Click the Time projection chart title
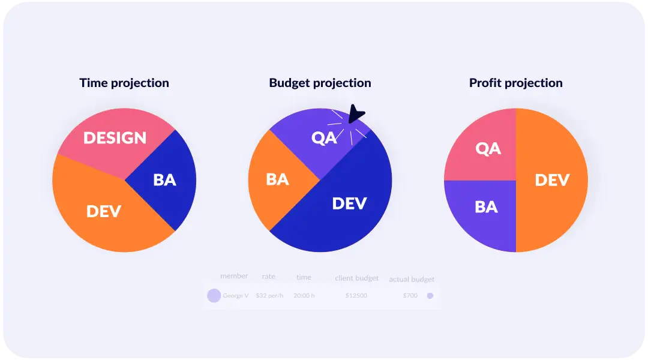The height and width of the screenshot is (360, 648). tap(124, 83)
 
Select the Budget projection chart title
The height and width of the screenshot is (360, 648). tap(320, 83)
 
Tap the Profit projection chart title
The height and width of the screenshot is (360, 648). tap(515, 83)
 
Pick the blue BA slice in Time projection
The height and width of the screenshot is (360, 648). tap(164, 179)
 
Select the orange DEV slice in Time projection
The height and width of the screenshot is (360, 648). tap(103, 211)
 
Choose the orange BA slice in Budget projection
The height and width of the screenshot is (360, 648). tap(277, 179)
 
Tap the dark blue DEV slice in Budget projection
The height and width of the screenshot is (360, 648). tap(349, 203)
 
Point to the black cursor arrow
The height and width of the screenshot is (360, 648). tap(356, 114)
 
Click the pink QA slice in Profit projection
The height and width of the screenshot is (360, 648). tap(487, 148)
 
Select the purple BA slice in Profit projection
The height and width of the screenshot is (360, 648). tap(485, 207)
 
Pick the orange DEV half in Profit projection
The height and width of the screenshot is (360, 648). tap(551, 180)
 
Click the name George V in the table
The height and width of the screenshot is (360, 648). tap(236, 296)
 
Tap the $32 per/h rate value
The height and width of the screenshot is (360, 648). tap(269, 296)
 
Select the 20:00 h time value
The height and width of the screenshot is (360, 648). tap(304, 296)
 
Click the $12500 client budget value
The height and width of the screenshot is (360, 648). tap(356, 296)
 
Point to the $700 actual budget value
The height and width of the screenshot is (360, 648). tap(410, 296)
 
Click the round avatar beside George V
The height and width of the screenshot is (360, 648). tap(214, 296)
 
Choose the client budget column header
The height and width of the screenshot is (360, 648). tap(356, 278)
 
